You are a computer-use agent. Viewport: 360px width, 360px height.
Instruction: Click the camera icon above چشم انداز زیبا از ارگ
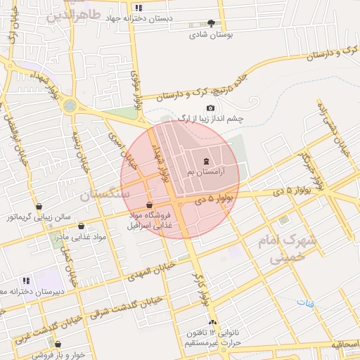tap(210, 108)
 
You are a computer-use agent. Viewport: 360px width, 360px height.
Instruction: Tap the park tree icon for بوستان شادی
tap(212, 23)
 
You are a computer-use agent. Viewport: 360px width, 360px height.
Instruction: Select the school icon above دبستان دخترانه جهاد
tap(139, 8)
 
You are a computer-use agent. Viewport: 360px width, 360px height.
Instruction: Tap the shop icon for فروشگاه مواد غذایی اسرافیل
tap(149, 205)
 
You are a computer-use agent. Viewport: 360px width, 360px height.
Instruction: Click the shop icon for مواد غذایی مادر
tap(82, 226)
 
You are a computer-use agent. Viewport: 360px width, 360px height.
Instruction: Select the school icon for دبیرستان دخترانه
tap(27, 280)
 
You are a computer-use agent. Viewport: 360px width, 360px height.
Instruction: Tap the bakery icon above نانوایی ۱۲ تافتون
tap(213, 322)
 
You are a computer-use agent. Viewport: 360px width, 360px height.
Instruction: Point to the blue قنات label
tap(304, 303)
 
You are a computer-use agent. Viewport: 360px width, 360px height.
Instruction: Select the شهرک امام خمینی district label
tap(293, 249)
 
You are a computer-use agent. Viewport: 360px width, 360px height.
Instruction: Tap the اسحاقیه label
tap(341, 345)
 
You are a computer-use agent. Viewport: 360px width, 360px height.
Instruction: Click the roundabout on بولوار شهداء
tap(70, 106)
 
